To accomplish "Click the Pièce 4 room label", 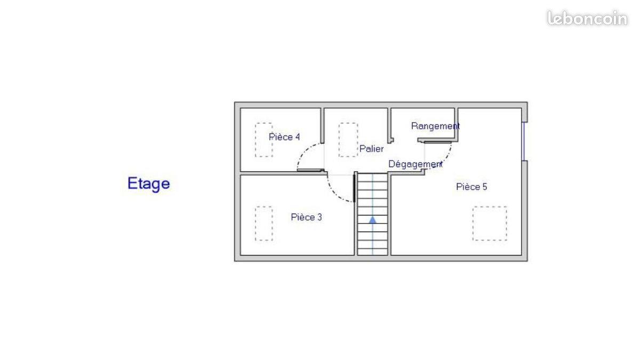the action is click(x=284, y=137).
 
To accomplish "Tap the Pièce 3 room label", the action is click(x=306, y=217).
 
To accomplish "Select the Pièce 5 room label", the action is click(x=471, y=187).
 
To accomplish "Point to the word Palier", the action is click(x=371, y=149).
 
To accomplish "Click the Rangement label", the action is click(x=435, y=126).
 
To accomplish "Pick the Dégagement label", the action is click(x=415, y=164).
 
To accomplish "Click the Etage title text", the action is click(x=149, y=183).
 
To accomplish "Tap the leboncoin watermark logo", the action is click(x=587, y=18).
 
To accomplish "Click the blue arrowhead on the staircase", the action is click(x=372, y=220).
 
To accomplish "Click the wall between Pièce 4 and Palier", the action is click(x=322, y=125).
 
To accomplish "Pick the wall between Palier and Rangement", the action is click(x=389, y=125).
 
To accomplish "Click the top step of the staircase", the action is click(x=372, y=177).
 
